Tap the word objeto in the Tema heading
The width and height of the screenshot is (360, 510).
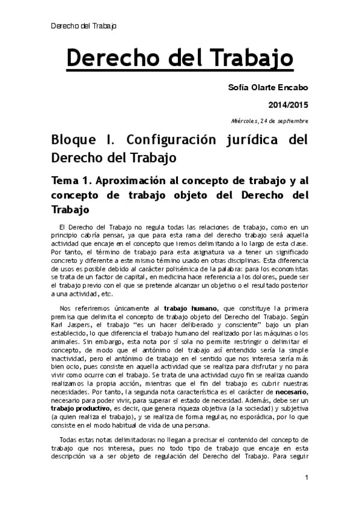pos(183,196)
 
